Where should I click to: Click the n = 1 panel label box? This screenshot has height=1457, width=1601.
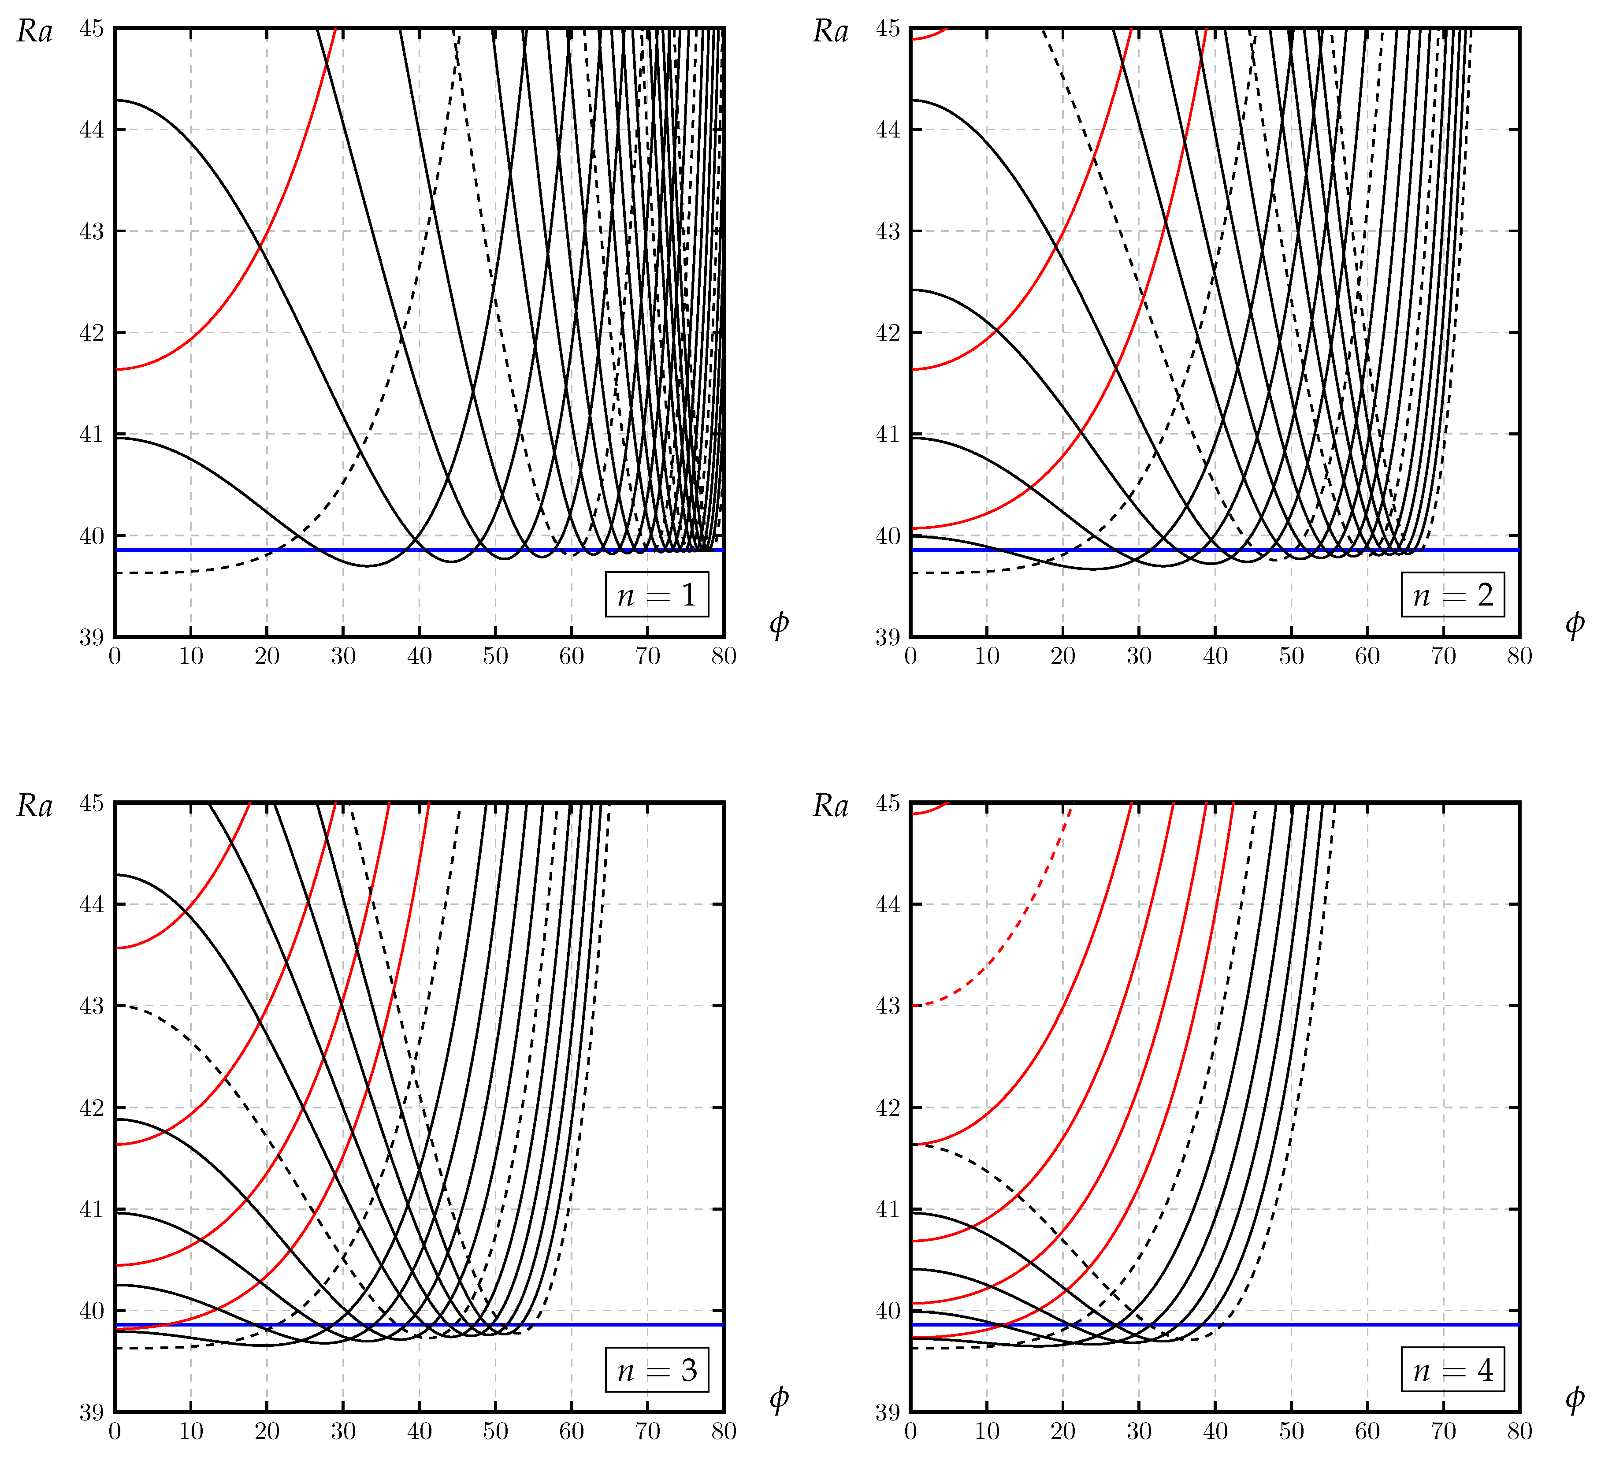click(656, 594)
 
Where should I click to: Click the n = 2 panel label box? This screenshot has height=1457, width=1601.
click(1452, 594)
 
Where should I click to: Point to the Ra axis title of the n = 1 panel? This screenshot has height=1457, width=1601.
click(35, 32)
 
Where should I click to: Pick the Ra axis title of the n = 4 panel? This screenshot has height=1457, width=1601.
click(831, 807)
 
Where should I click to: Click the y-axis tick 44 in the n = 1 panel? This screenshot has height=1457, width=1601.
click(92, 130)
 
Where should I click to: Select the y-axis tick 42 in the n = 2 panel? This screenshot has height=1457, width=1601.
click(888, 333)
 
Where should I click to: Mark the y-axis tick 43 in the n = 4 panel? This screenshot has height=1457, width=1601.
click(888, 1006)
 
